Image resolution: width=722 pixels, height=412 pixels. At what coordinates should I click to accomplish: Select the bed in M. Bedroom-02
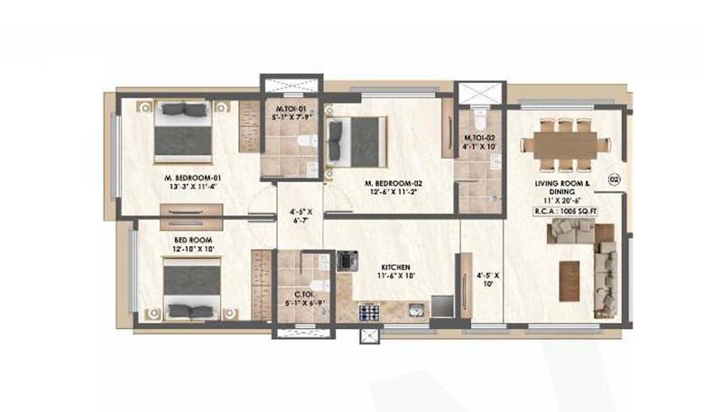coord(358,142)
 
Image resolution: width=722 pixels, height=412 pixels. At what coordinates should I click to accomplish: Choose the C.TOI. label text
coord(304,293)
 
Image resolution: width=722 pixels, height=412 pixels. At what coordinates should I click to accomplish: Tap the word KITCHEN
coord(395,268)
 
